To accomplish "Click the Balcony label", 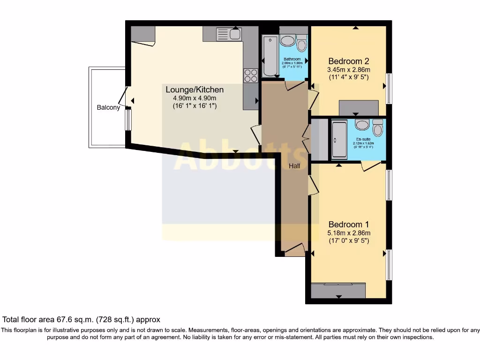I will [x=108, y=107].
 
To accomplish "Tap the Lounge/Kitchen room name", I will [x=195, y=90].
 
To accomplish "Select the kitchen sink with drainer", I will [x=228, y=34].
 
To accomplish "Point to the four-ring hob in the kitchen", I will [x=250, y=75].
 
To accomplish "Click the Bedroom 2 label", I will [x=348, y=61].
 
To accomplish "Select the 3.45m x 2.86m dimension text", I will [x=348, y=70].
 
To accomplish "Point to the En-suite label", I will [x=364, y=139].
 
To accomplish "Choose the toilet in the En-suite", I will [x=378, y=127].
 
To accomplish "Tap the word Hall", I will [x=294, y=166].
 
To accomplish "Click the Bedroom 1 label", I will [x=348, y=224].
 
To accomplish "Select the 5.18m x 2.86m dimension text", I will [x=348, y=233].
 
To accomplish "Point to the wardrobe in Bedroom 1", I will [x=338, y=291].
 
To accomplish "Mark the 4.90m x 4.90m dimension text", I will [x=195, y=98].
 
